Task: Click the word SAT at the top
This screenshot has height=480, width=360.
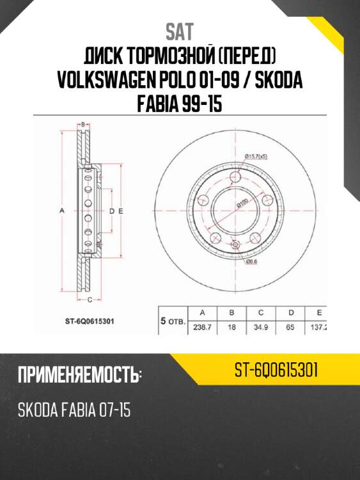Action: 180,31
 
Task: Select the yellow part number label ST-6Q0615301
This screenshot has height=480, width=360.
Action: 277,371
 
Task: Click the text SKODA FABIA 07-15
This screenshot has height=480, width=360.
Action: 74,410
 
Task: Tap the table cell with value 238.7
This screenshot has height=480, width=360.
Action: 202,327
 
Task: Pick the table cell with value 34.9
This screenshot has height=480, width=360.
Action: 261,327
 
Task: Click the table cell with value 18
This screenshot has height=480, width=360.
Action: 231,327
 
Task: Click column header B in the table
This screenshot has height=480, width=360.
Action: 231,313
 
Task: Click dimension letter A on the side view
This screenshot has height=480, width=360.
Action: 62,211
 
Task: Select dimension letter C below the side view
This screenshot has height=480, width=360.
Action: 90,299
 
